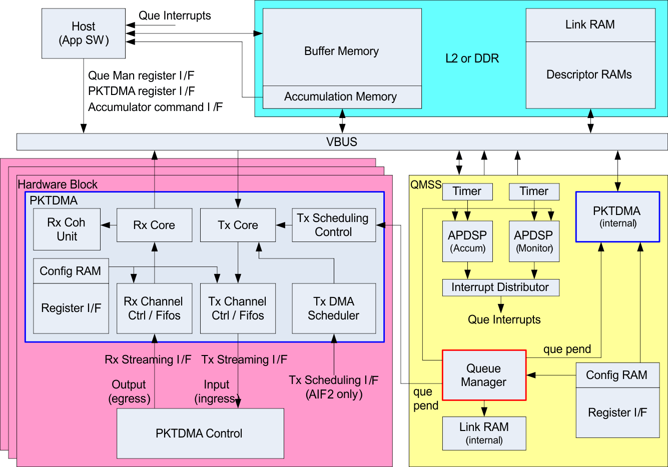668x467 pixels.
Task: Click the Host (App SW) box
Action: click(83, 33)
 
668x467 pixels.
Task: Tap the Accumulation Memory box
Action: click(342, 97)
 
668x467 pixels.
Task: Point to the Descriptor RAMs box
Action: click(590, 75)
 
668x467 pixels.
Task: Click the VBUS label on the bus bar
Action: click(342, 142)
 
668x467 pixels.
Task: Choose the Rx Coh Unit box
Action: click(67, 229)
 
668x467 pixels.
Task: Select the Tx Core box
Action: click(238, 225)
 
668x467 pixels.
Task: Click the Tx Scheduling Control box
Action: click(333, 225)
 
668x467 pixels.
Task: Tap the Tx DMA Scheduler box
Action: click(334, 308)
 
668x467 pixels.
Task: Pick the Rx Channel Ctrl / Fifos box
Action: click(154, 308)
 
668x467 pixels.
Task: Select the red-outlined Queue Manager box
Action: click(484, 375)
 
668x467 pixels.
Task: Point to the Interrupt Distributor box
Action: click(500, 287)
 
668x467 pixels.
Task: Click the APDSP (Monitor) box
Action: click(534, 241)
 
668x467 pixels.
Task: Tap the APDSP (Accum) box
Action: click(467, 241)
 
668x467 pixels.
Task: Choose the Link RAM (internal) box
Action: click(484, 433)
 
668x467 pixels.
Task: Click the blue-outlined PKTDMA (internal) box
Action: click(617, 216)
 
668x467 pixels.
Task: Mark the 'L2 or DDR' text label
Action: click(472, 58)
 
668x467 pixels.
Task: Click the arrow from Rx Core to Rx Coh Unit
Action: click(109, 225)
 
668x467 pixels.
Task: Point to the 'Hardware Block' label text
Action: click(58, 184)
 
